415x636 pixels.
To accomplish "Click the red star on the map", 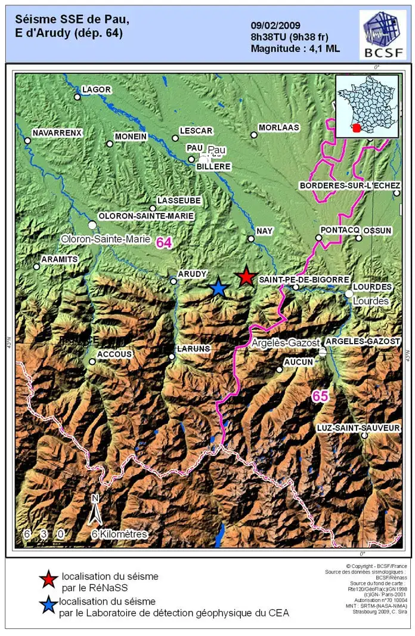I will [245, 276].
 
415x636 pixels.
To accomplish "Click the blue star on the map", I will [218, 288].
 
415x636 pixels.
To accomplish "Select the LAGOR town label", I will [97, 89].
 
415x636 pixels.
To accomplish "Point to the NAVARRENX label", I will [57, 132].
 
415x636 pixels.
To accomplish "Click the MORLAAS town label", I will [278, 128].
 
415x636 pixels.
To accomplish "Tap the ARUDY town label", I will [192, 274].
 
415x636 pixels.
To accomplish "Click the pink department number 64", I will [164, 242].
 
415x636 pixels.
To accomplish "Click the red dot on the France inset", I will [357, 128].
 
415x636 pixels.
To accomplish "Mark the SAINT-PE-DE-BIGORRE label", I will [304, 279].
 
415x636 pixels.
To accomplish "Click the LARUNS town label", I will [194, 348].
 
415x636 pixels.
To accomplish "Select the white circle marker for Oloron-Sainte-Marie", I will [92, 225].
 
